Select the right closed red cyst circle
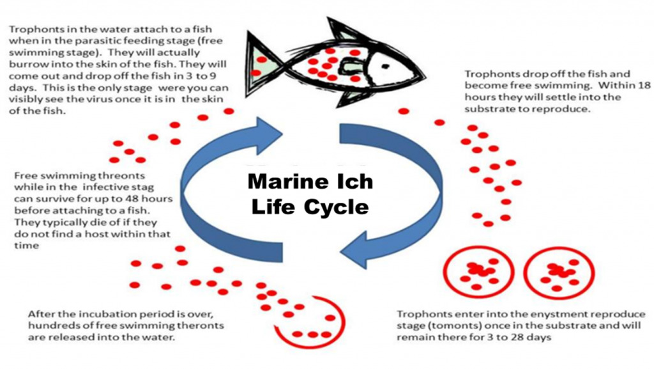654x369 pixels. coord(558,272)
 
